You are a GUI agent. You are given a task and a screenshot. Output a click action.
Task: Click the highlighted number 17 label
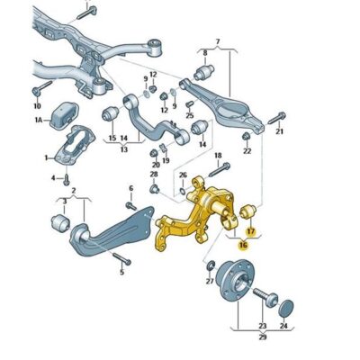(x=250, y=231)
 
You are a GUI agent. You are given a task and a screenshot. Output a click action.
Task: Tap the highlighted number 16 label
(x=243, y=246)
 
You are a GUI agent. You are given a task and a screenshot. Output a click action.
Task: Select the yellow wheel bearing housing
(x=196, y=215)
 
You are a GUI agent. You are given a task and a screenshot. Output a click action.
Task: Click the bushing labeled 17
(x=248, y=211)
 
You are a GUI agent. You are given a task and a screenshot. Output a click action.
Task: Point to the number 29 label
(x=263, y=337)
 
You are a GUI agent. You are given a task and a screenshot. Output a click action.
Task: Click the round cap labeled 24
(x=286, y=308)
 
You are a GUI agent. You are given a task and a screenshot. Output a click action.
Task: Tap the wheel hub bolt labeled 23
(x=265, y=296)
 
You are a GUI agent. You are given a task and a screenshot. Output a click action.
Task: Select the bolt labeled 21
(x=277, y=118)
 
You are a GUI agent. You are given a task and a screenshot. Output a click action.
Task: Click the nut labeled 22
(x=247, y=137)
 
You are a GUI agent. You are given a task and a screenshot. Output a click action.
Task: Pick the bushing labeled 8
(x=204, y=71)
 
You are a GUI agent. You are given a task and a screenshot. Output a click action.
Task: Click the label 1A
(x=39, y=121)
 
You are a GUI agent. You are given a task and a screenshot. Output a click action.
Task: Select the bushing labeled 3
(x=60, y=223)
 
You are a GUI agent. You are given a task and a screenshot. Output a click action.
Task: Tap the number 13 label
(x=124, y=149)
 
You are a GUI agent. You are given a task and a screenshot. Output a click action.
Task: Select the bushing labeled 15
(x=111, y=113)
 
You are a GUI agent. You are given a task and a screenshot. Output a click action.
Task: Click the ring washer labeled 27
(x=211, y=265)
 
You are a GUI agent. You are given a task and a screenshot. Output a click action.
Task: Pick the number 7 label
(x=218, y=41)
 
